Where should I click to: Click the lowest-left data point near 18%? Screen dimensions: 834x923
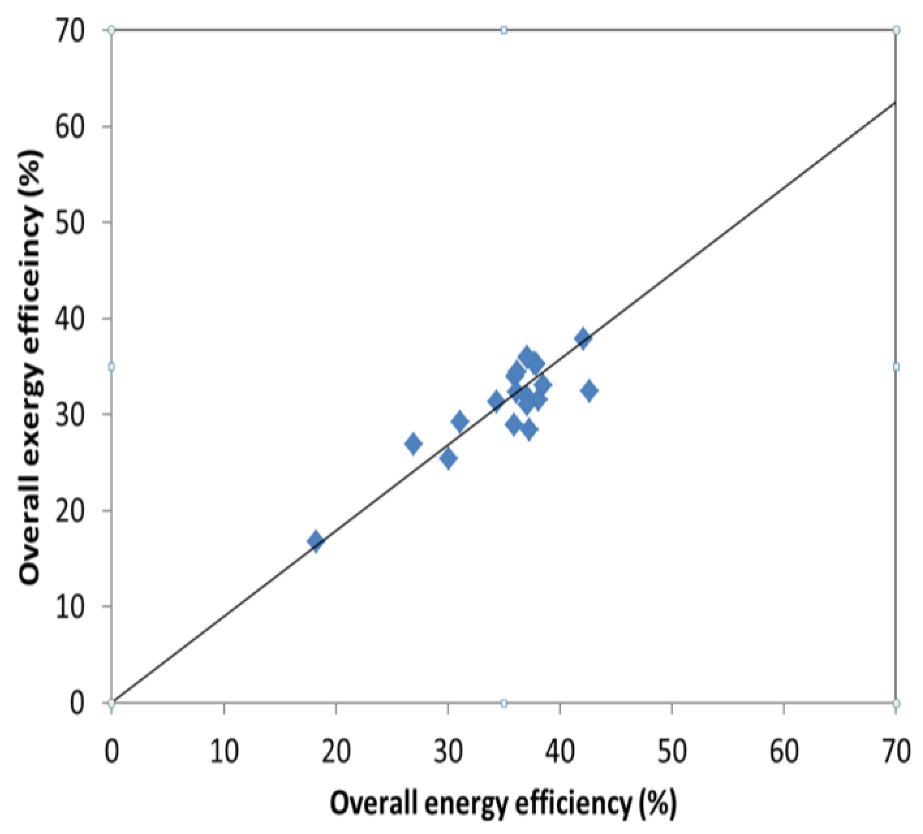click(315, 542)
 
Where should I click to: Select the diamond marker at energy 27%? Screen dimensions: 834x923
click(413, 443)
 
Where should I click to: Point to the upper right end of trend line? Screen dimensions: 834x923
click(895, 102)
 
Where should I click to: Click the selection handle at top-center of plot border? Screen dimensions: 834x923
click(504, 30)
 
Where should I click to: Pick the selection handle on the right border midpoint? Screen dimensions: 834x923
click(896, 367)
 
